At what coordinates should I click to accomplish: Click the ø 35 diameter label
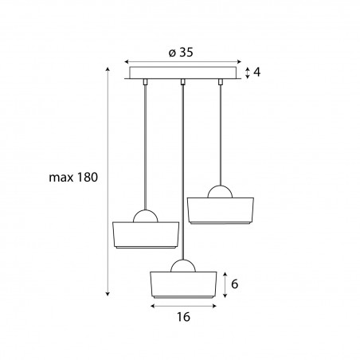point(181,53)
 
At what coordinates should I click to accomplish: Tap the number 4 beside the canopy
point(256,72)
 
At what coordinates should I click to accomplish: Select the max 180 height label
point(73,177)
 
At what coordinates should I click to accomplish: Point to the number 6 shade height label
point(234,284)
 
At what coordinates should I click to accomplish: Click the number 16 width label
point(183,317)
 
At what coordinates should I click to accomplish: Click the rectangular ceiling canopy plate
point(183,72)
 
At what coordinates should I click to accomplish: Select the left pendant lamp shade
point(146,235)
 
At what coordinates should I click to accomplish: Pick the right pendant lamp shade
point(221,211)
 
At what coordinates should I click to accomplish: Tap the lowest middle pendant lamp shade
point(183,285)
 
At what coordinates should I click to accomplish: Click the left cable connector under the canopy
point(145,82)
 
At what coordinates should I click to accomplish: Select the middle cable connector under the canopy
point(182,82)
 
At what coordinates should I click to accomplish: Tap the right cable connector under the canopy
point(220,82)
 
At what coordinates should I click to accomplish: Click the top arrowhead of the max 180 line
point(108,69)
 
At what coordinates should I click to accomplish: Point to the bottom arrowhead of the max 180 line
point(108,294)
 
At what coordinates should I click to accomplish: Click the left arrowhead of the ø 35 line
point(127,62)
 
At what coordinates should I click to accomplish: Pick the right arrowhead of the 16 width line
point(214,306)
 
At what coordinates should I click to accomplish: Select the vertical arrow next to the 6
point(225,285)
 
